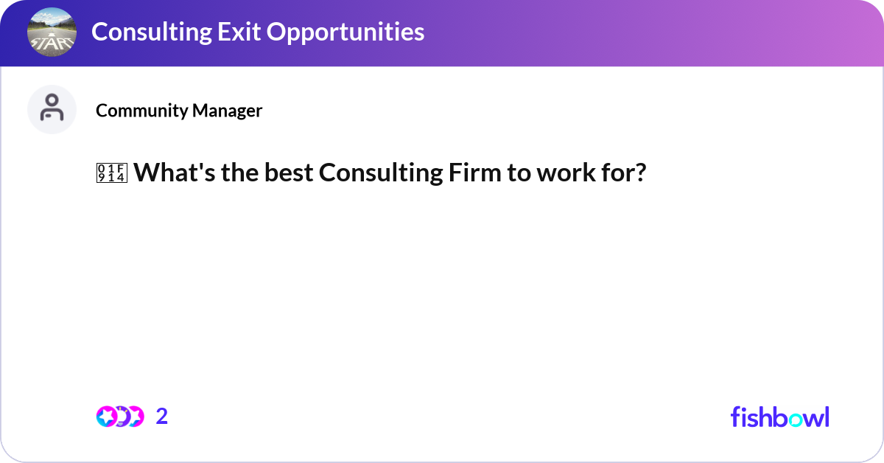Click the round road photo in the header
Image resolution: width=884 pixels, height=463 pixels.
click(x=52, y=32)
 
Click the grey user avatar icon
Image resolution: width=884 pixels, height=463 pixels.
click(x=52, y=109)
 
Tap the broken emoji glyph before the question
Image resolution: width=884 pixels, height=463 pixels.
click(x=111, y=173)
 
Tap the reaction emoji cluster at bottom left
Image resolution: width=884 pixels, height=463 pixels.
click(x=119, y=417)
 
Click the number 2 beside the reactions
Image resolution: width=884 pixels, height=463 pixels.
click(x=162, y=417)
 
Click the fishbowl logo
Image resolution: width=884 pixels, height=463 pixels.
click(x=779, y=417)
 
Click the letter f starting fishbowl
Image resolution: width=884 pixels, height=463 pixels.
click(x=735, y=417)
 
